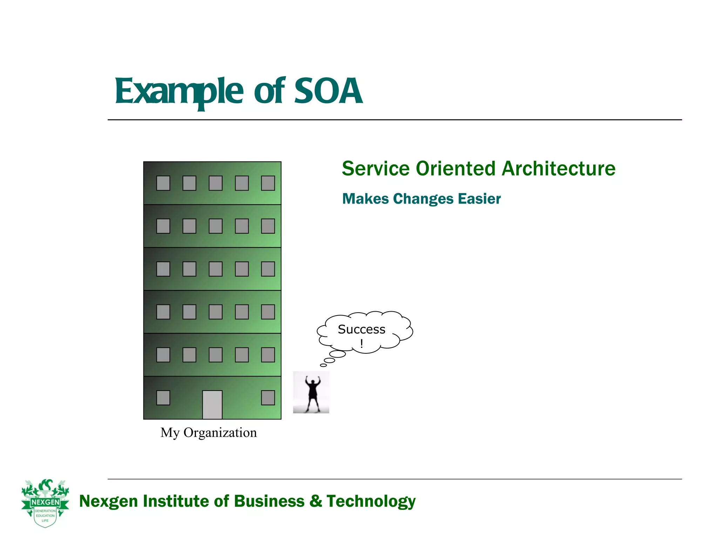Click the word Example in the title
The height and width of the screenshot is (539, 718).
(179, 92)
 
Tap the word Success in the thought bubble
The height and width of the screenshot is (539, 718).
(361, 330)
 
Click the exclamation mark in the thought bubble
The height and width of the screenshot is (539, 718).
(361, 344)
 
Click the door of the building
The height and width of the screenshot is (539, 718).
(212, 405)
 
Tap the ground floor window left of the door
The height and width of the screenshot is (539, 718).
(163, 398)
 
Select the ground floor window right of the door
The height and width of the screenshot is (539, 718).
(268, 398)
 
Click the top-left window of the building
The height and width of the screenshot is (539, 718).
(163, 183)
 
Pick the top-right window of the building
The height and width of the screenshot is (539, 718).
(268, 183)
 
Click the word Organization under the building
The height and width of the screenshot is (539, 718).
(220, 433)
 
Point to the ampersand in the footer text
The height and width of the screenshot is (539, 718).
(316, 501)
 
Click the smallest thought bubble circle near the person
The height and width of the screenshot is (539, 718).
(323, 365)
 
